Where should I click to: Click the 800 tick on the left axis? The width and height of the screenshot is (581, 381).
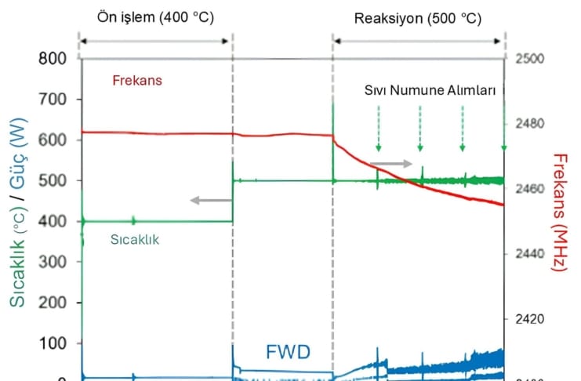coord(59,59)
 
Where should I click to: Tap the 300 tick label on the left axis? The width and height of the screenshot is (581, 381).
coord(59,262)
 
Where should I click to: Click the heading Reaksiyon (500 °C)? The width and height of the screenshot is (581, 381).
coord(419,16)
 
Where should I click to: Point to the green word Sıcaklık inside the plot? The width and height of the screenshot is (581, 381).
coord(134,240)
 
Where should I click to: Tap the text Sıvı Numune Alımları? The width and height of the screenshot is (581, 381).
coord(430,91)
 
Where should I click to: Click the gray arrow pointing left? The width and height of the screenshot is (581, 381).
coord(210,201)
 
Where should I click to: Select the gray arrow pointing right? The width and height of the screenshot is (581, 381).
coord(390,164)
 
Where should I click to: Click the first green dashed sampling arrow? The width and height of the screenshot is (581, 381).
coord(378,129)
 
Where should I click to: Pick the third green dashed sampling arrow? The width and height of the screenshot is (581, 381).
coord(462,129)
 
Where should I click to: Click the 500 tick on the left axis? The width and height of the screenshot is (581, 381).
coord(59,180)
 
